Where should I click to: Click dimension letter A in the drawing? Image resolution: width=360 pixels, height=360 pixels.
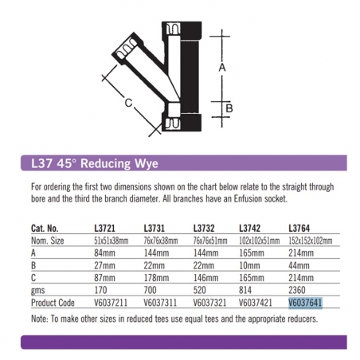click(x=222, y=68)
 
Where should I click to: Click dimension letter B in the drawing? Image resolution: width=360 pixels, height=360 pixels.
click(x=229, y=108)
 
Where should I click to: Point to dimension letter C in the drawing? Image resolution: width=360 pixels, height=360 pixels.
click(x=128, y=103)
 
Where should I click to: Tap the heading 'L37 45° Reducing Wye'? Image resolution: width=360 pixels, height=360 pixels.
click(x=95, y=163)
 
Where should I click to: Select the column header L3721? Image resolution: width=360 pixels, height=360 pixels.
click(x=104, y=229)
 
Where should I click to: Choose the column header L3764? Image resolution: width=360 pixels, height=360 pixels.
click(x=299, y=229)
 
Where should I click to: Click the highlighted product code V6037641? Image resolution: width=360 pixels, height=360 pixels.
click(x=305, y=303)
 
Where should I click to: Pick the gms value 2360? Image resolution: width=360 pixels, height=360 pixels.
click(x=297, y=290)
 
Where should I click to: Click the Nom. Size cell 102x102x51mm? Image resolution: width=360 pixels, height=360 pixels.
click(x=260, y=241)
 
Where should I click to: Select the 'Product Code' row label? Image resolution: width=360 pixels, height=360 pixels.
click(x=53, y=303)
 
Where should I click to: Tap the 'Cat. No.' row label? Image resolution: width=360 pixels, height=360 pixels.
click(x=45, y=229)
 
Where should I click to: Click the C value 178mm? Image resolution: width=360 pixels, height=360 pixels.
click(x=156, y=278)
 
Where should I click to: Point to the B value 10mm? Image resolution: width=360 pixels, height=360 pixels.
click(x=249, y=265)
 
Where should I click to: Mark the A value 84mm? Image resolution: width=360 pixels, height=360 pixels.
click(x=104, y=253)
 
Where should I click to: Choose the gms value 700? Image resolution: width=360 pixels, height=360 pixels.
click(x=150, y=290)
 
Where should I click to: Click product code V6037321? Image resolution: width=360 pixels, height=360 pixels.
click(x=209, y=303)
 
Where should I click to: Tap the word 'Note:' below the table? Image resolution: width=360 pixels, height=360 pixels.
click(x=40, y=319)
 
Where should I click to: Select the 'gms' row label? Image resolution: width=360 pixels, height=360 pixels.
click(x=37, y=291)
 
